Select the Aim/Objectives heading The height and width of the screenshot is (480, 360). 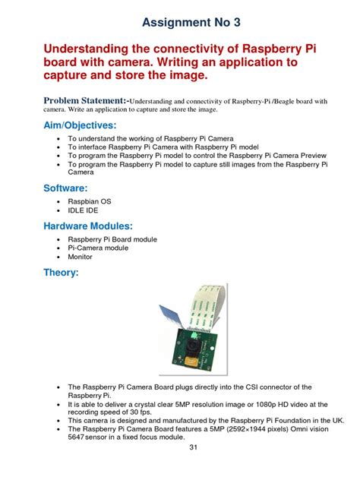click(x=80, y=125)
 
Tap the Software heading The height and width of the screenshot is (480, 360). click(x=65, y=187)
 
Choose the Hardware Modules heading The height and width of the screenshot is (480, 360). click(x=88, y=226)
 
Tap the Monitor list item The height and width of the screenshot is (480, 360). click(x=81, y=256)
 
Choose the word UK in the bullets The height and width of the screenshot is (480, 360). click(x=337, y=420)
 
